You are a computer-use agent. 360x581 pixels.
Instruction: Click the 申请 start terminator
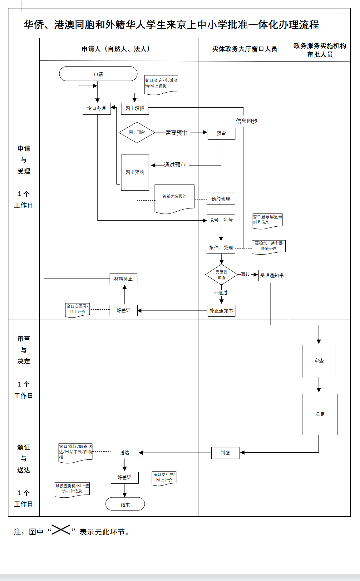tap(98, 74)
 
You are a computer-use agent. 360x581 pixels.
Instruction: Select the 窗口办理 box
tap(97, 109)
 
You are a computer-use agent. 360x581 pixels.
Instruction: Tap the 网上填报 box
tap(135, 109)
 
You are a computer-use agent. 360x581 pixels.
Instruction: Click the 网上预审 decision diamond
tap(137, 132)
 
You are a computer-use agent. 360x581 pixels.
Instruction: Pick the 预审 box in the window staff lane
tap(221, 134)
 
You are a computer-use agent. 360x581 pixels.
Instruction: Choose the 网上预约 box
tap(135, 173)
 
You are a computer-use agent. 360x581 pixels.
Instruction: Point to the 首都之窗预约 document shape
tap(174, 198)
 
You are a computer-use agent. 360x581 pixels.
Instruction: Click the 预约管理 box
tap(221, 199)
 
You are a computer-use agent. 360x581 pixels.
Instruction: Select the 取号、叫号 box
tap(221, 220)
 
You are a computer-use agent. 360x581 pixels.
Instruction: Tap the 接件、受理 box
tap(221, 248)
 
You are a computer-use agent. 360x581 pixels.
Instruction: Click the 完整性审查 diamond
tap(221, 275)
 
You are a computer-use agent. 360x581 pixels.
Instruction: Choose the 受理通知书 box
tap(272, 276)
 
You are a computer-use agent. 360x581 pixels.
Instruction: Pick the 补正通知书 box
tap(221, 311)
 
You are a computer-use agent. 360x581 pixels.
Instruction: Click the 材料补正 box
tap(123, 279)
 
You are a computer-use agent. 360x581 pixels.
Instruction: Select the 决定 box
tap(320, 414)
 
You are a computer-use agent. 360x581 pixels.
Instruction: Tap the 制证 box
tap(225, 453)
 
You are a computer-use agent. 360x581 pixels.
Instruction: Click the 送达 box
tap(125, 453)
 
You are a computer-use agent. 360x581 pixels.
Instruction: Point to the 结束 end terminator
tap(125, 504)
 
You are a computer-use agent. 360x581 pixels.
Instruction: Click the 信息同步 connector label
tap(246, 121)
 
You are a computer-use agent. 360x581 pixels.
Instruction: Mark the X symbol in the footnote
tap(61, 530)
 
